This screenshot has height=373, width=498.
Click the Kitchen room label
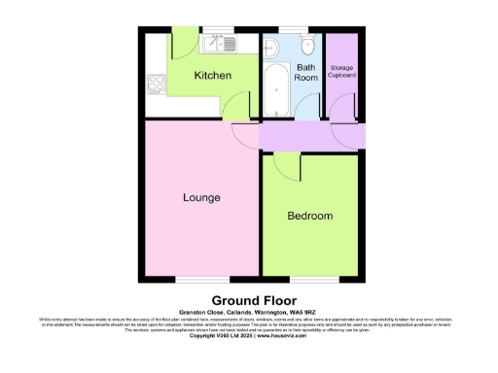[x=211, y=75]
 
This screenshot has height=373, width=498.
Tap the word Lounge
[x=201, y=197]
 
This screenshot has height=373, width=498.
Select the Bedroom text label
[x=310, y=215]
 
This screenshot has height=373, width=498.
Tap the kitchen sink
[x=215, y=44]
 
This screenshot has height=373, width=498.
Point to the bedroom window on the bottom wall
[x=310, y=279]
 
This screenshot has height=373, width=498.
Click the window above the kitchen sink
[x=215, y=31]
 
